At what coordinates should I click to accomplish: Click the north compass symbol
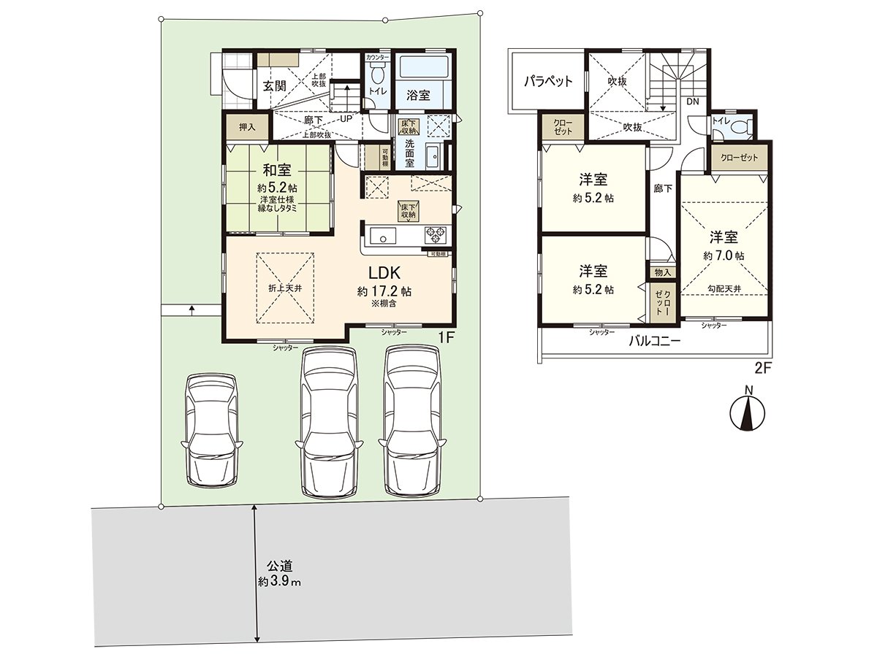point(748,412)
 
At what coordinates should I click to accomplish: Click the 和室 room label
point(277,171)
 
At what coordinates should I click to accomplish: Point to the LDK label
point(384,274)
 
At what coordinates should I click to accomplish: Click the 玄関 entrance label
point(275,85)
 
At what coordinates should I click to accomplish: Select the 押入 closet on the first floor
point(247,127)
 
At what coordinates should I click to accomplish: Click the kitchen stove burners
point(436,235)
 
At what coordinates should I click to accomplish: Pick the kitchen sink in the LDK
point(383,235)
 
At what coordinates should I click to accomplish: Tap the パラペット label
point(548,81)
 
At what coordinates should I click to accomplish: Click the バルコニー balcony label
point(655,341)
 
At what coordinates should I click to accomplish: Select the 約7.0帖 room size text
point(724,256)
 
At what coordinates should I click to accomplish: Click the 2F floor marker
point(763,369)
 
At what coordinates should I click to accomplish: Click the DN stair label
point(694,101)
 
